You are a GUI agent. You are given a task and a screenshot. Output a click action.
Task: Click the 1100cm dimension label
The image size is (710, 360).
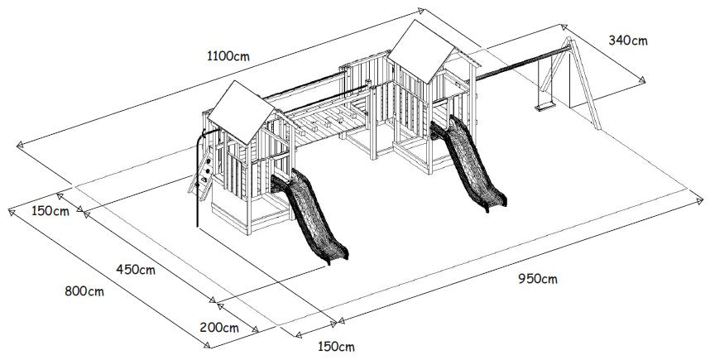point(228,56)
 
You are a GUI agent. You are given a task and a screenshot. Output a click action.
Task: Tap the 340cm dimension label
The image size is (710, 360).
point(627,41)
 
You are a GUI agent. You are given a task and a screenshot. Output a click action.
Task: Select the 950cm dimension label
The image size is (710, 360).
point(538,279)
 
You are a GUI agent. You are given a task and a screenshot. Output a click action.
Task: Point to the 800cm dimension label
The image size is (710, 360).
point(84,291)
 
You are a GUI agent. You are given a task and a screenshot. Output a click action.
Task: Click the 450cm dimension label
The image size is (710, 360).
point(136,270)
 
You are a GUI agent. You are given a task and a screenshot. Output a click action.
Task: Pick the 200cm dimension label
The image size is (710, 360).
point(219,328)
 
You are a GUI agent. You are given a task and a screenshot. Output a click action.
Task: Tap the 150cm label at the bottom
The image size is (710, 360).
point(336,347)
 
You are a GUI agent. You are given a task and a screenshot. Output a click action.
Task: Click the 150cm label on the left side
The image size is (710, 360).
point(50,211)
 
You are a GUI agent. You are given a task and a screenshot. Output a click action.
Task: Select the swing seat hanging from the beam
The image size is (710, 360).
point(544,108)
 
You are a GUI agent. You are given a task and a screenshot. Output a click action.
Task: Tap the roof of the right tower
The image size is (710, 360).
point(421,51)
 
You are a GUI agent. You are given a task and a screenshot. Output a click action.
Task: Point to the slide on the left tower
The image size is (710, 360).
point(309,216)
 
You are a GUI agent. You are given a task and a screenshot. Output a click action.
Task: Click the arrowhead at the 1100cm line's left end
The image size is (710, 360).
point(19,145)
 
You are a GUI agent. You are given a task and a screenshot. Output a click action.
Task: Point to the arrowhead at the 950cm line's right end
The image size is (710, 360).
point(700,199)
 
